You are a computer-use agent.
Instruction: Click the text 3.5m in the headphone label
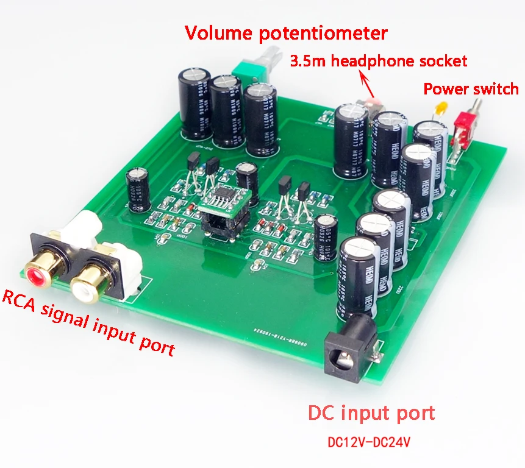(x=309, y=61)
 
